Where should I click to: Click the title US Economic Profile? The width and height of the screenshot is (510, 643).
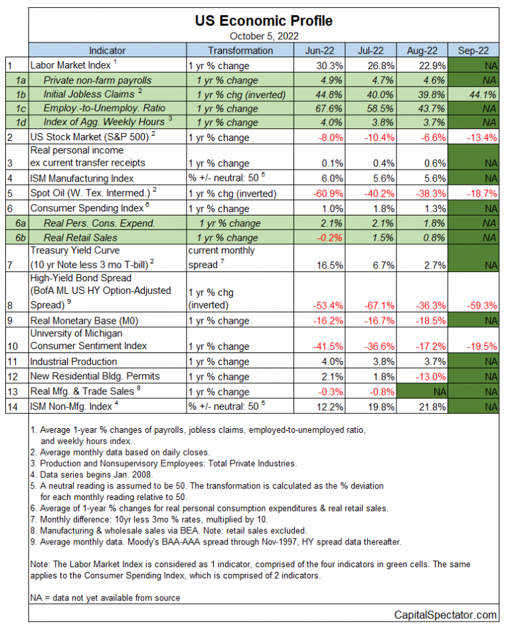point(264,21)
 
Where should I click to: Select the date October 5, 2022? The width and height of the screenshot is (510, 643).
point(264,36)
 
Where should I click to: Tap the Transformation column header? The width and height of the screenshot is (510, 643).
point(240,51)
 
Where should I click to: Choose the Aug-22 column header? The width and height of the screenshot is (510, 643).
point(423,51)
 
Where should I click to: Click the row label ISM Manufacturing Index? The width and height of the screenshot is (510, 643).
point(82,178)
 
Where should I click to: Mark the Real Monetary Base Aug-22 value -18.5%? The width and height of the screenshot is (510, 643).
point(422,321)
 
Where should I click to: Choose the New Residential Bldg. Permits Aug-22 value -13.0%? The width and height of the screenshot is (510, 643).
point(422,376)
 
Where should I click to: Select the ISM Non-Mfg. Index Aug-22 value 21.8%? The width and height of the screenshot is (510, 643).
point(423,406)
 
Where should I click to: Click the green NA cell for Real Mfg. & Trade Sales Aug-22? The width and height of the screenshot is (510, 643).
point(423,391)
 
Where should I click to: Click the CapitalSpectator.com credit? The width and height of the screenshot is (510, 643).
point(446,615)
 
